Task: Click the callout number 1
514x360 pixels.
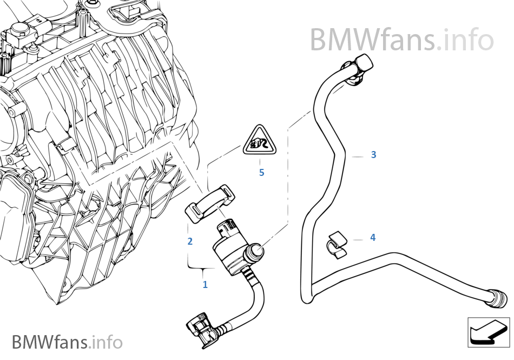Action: (205, 284)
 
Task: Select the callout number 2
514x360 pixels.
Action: (190, 241)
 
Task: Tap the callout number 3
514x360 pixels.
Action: (373, 155)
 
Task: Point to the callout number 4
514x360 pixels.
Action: (373, 238)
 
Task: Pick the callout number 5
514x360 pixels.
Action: (261, 173)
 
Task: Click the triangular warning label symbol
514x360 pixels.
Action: (261, 143)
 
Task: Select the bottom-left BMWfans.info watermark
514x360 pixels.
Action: (67, 342)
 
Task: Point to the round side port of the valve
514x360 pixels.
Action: (256, 251)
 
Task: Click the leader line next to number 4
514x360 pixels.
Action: (358, 238)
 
